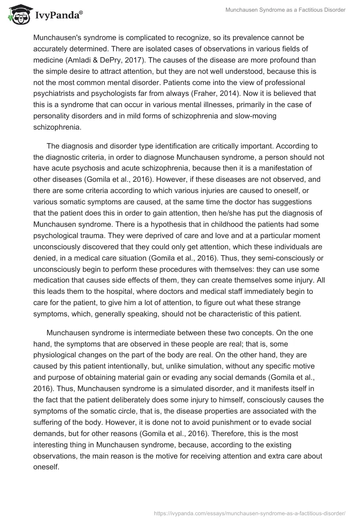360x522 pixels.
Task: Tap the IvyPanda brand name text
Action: [56, 16]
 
